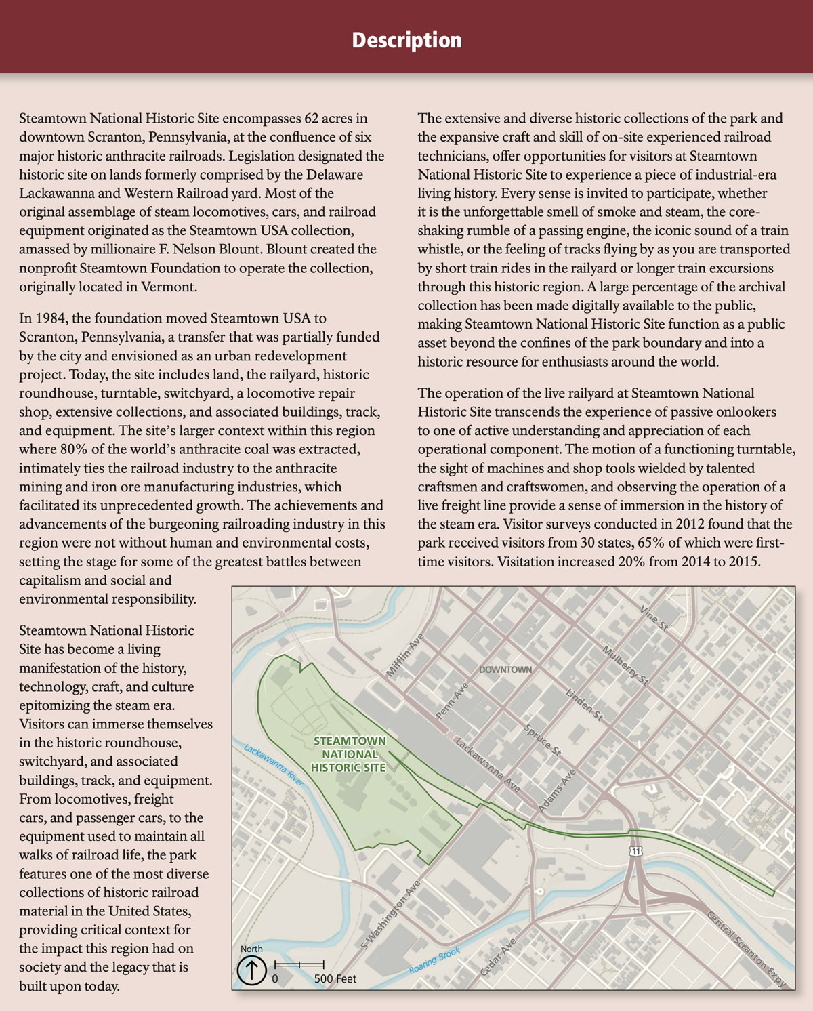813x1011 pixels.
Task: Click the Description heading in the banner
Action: point(406,40)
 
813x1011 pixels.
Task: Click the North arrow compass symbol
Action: point(251,970)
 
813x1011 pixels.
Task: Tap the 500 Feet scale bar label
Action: point(335,978)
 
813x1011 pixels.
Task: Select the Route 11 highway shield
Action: point(635,850)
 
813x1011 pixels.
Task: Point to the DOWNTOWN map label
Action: point(505,669)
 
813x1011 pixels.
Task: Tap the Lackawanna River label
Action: point(274,765)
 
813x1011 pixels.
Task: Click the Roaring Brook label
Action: point(434,961)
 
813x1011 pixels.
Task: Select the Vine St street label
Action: point(654,619)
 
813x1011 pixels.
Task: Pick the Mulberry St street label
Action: point(625,665)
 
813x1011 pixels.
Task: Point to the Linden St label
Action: point(584,704)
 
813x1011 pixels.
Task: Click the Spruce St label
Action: point(543,740)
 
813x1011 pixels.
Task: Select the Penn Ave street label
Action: point(452,701)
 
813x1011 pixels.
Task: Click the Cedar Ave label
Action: point(498,957)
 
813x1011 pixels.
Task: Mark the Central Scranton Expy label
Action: point(747,949)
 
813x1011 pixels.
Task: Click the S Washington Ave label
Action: point(392,914)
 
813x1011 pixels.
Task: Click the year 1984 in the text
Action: point(51,318)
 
